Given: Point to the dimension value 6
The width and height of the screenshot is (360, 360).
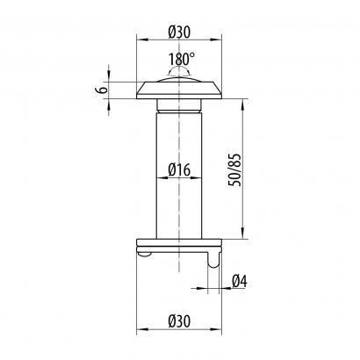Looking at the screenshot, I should coord(102,89).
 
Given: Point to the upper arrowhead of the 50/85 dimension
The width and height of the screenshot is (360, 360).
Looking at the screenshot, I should coord(240,101).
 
